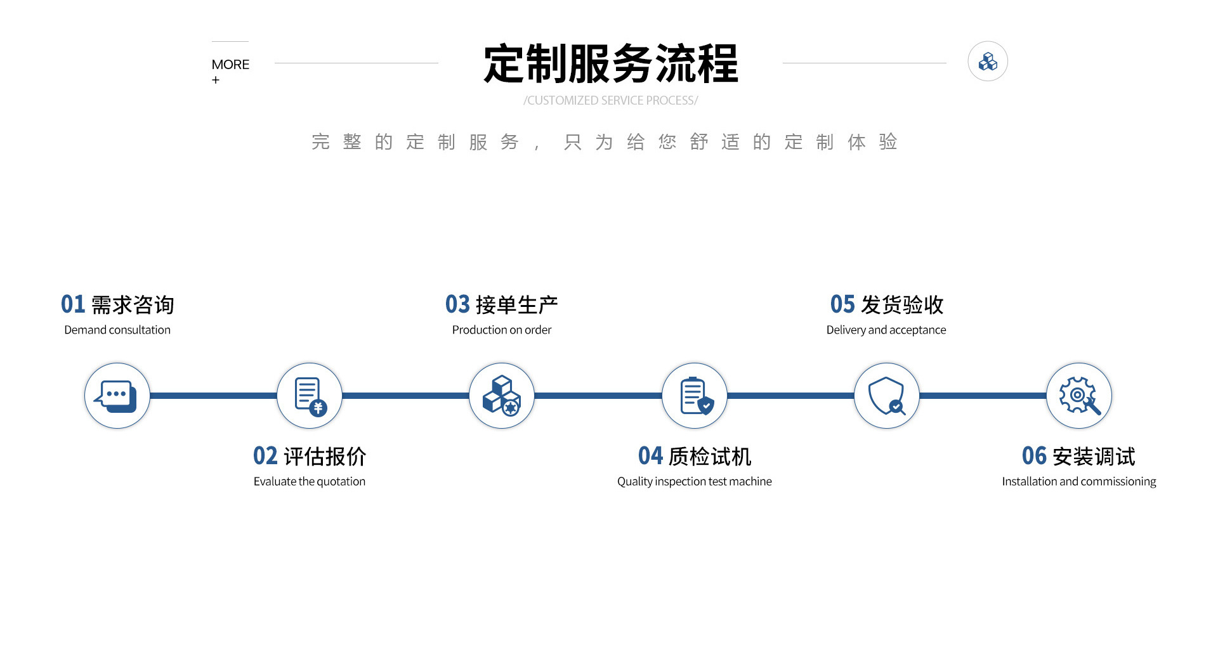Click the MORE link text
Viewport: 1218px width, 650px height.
click(230, 65)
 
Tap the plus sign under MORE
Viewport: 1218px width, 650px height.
click(216, 80)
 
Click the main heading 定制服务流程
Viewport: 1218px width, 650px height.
click(610, 64)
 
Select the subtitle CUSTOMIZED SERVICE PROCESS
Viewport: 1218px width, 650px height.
click(610, 100)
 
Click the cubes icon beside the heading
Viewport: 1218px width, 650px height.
click(987, 62)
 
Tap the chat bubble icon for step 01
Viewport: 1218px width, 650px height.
click(117, 396)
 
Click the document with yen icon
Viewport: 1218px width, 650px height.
click(310, 396)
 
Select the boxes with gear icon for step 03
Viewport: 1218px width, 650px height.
click(502, 396)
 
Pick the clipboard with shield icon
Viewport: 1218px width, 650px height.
click(695, 396)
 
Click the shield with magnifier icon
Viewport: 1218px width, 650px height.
click(887, 396)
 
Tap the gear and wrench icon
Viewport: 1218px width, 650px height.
click(1079, 396)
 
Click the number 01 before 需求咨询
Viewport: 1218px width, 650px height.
click(73, 304)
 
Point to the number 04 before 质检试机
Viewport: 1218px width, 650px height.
click(650, 456)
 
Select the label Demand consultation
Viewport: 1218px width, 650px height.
click(117, 330)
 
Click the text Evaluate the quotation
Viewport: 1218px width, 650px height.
click(310, 481)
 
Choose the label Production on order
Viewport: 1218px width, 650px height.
click(502, 330)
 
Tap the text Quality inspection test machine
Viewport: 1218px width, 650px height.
click(695, 481)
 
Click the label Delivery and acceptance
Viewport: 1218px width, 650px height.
click(886, 330)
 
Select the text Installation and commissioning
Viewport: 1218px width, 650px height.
click(1079, 481)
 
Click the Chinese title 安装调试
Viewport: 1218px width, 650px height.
click(1094, 456)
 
